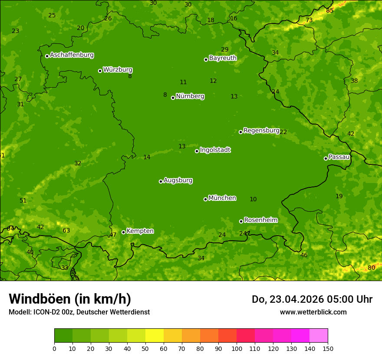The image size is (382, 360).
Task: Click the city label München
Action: [222, 198]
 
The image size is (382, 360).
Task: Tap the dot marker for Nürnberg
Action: [173, 98]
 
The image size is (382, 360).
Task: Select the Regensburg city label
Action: [261, 131]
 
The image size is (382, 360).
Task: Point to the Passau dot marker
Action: [326, 158]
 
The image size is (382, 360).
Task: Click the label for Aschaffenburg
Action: [72, 55]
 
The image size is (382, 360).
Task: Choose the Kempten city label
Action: [140, 231]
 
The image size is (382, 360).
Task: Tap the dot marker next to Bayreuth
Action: [206, 59]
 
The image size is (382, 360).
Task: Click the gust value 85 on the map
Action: [330, 10]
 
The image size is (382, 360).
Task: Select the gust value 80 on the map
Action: [371, 268]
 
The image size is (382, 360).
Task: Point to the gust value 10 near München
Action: [253, 199]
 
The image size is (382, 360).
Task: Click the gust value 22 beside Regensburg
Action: [283, 132]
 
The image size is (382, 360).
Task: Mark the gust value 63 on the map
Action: [66, 230]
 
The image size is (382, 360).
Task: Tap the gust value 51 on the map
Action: [23, 200]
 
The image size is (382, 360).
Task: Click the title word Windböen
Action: [40, 299]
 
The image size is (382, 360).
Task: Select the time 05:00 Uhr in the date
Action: [346, 299]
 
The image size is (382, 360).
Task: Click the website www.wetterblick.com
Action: [313, 312]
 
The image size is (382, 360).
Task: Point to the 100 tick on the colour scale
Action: [237, 348]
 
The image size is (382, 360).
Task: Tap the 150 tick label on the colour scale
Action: [328, 348]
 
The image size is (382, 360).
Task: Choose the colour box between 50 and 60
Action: [155, 336]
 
